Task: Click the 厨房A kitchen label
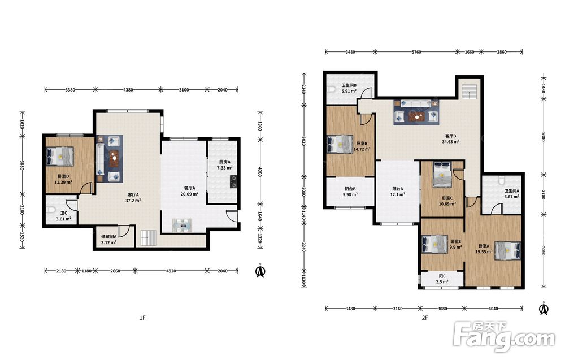224,162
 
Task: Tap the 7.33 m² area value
224,168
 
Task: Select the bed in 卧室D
60,157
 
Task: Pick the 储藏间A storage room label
108,237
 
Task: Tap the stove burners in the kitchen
233,181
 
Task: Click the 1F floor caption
142,318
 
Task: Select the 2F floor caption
425,318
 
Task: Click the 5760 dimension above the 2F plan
416,52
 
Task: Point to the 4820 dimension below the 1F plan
171,271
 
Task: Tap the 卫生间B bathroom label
349,85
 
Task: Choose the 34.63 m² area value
450,142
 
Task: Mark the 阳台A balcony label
397,189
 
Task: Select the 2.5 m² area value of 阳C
442,282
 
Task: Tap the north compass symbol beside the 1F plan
260,271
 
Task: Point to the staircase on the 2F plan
470,92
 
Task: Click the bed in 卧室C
442,175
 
